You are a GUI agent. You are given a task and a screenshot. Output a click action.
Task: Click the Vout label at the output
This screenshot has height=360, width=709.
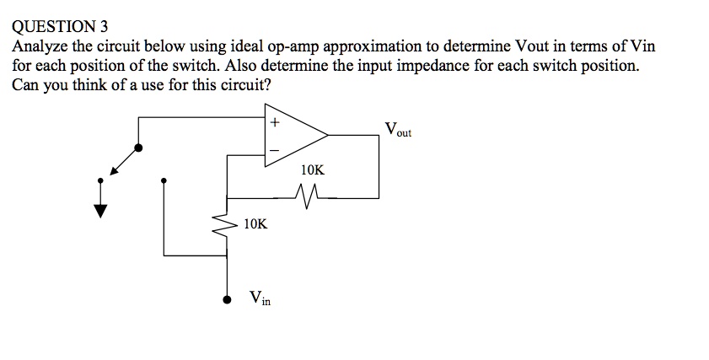[x=397, y=131]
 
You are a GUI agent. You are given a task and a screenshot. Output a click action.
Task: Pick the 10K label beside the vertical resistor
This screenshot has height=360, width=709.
[x=255, y=224]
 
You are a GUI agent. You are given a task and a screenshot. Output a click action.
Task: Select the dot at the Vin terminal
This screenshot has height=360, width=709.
[x=226, y=298]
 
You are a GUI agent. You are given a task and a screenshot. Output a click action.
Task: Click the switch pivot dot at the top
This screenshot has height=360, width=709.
[x=138, y=148]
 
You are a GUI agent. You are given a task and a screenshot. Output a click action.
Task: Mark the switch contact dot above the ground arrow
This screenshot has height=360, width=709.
[x=101, y=180]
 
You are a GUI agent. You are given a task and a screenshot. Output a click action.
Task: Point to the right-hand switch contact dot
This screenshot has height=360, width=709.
[x=164, y=180]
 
